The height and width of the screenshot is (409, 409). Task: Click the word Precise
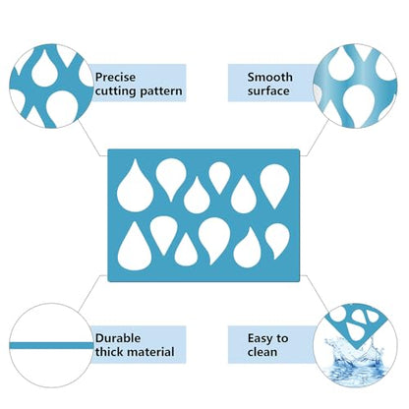(115, 78)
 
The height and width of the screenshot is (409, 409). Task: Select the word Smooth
(269, 78)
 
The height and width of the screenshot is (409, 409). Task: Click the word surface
(268, 91)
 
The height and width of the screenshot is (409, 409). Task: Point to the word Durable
(118, 338)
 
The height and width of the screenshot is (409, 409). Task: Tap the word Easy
(260, 338)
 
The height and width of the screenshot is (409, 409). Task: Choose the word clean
(263, 352)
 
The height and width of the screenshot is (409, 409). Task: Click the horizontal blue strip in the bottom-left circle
(51, 345)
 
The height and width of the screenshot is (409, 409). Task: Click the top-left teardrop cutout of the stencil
(135, 188)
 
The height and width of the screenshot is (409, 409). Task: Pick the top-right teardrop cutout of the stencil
(275, 185)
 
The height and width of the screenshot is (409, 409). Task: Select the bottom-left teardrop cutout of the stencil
(135, 248)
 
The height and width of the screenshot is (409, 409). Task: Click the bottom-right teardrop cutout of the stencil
(277, 240)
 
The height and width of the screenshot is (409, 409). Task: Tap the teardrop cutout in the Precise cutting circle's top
(45, 70)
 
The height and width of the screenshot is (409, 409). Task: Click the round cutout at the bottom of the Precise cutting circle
(62, 108)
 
